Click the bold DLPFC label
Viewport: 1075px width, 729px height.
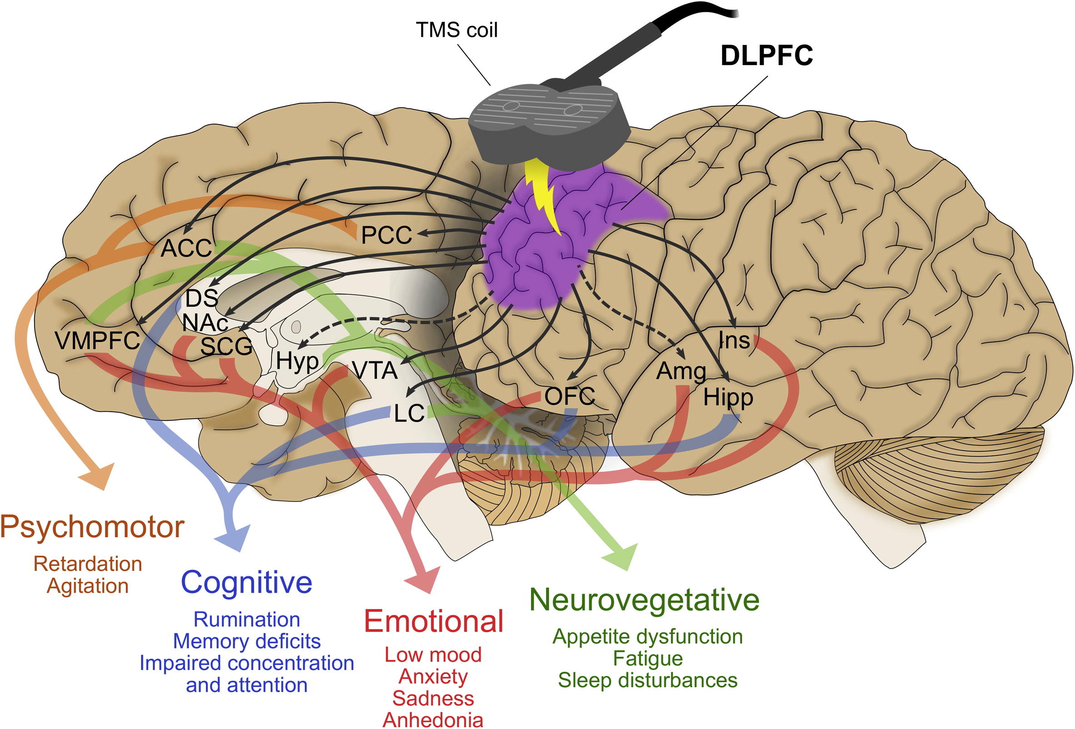coord(766,55)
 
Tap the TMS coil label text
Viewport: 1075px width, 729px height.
coord(457,30)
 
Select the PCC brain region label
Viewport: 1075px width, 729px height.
coord(386,235)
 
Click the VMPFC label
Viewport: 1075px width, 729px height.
coord(97,341)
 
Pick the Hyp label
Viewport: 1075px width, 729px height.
coord(297,361)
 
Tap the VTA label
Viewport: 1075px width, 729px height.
coord(375,370)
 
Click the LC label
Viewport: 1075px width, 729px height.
coord(409,413)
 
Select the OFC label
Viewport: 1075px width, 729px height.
coord(569,396)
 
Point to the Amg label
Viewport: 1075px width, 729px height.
coord(681,371)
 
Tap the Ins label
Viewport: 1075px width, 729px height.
coord(734,341)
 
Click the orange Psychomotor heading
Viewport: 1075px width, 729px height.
coord(92,527)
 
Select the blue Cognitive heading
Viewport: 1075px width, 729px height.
coord(246,582)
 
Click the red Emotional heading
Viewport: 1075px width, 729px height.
coord(433,621)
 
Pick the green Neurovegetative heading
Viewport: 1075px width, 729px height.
coord(644,599)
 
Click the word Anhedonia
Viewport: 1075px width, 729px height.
coord(433,720)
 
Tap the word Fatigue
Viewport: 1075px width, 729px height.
coord(648,658)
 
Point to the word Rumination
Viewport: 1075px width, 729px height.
coord(246,619)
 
